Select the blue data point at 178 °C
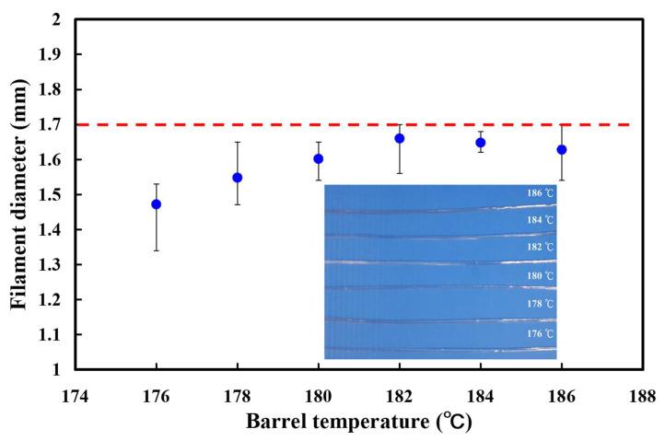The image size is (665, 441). pyautogui.click(x=238, y=177)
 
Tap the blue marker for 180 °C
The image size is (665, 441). pyautogui.click(x=319, y=158)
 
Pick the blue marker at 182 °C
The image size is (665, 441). pyautogui.click(x=400, y=138)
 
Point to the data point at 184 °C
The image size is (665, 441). pyautogui.click(x=481, y=142)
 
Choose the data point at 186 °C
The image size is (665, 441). pyautogui.click(x=562, y=149)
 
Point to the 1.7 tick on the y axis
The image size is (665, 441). pyautogui.click(x=54, y=124)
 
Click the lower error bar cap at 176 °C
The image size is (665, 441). pyautogui.click(x=157, y=250)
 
